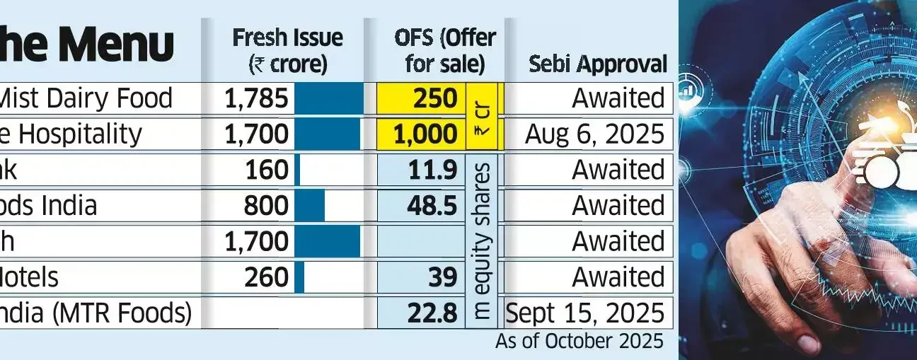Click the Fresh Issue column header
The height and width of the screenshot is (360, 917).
coord(287,50)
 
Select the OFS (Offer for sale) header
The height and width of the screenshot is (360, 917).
coord(445,50)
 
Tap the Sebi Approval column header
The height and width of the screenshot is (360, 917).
coord(598,64)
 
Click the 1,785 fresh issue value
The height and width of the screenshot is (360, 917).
coord(256,98)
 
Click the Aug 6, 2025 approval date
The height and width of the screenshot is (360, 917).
coord(594,134)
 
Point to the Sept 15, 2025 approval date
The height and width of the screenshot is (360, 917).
coord(586,313)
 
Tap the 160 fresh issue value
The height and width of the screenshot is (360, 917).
coord(267,170)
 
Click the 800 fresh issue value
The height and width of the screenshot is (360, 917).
coord(267,206)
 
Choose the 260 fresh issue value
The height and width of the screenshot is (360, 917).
coord(267,277)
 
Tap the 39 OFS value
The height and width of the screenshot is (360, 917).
coord(442,277)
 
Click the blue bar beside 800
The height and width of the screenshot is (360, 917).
coord(309,206)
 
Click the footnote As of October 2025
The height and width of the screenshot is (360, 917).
coord(579,341)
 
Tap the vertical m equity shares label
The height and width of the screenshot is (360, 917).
coord(483,241)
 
